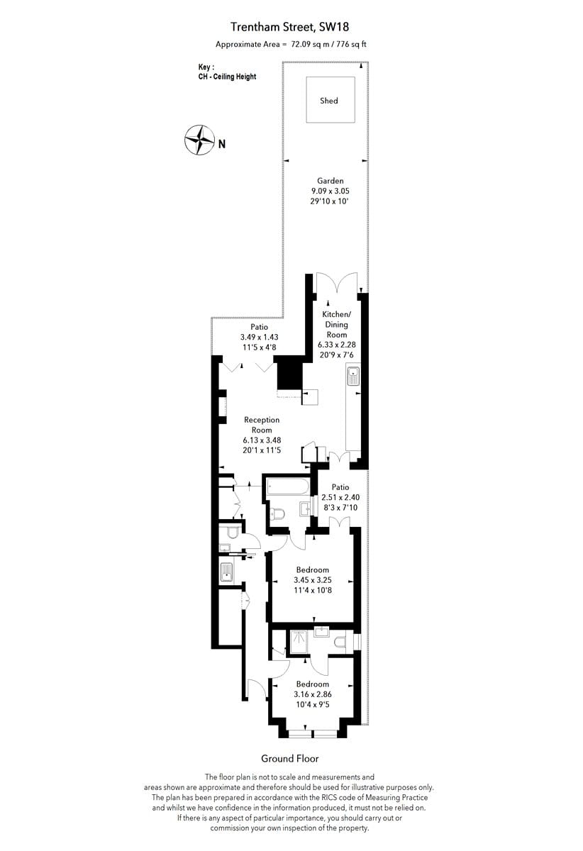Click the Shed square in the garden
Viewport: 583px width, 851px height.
[329, 101]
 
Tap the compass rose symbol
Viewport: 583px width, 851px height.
[199, 140]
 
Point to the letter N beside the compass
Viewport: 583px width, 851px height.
[222, 144]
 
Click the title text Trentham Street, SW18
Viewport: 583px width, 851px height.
[291, 27]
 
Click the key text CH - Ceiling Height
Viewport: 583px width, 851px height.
[227, 77]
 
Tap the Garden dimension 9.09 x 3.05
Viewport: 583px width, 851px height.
[330, 191]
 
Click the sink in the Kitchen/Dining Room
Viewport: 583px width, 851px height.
[353, 376]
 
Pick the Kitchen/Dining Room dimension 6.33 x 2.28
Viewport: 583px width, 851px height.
[336, 344]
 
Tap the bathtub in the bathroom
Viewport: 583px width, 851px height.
[287, 487]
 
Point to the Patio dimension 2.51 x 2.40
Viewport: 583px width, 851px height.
[340, 497]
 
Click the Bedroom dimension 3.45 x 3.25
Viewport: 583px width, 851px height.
[313, 580]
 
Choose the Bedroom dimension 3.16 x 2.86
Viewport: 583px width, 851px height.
[313, 694]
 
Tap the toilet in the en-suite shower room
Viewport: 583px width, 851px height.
[341, 642]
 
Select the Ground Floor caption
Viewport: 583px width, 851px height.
[290, 758]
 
